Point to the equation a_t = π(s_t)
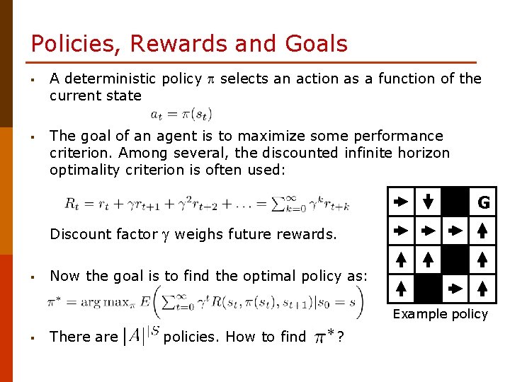pos(181,113)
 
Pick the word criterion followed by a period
pos(76,153)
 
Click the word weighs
pos(198,234)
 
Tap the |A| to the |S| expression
pos(141,335)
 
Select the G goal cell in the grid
pos(484,203)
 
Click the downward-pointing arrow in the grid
pos(428,201)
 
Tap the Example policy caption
pos(440,314)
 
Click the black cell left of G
pos(455,202)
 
